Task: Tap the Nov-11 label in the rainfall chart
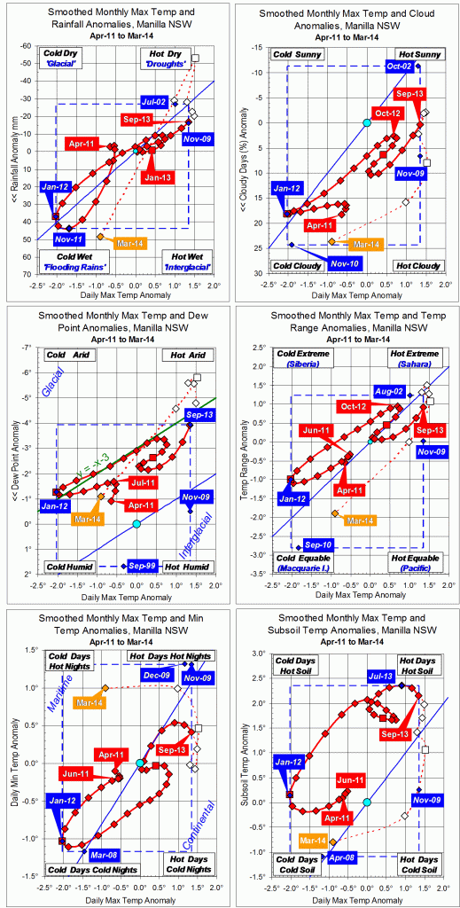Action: pos(68,239)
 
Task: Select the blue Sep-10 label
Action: pos(319,544)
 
